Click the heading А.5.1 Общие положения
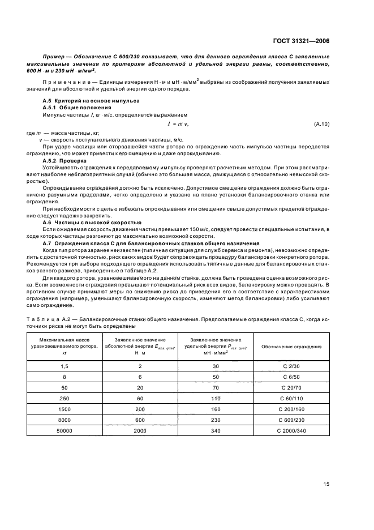[x=70, y=106]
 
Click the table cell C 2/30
[x=292, y=365]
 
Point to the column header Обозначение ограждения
[x=292, y=346]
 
